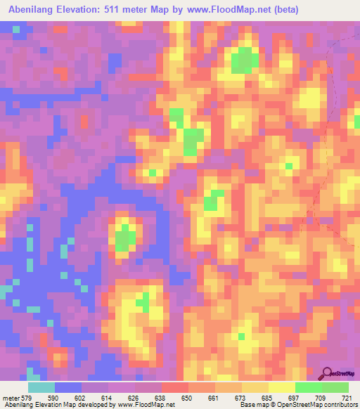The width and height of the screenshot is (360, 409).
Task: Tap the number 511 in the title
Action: coord(115,10)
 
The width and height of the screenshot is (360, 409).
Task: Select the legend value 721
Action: coord(345,397)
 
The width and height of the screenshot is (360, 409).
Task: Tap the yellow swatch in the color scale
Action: coord(281,387)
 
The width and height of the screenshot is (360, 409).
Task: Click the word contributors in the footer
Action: coord(341,405)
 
